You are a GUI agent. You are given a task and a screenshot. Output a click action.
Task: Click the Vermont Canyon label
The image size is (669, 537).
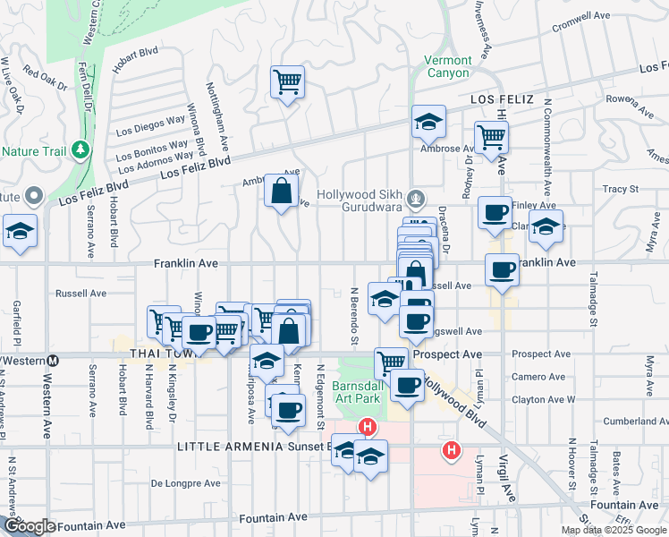point(446,66)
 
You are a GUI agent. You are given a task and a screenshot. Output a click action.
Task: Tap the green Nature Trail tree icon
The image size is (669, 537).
point(81,149)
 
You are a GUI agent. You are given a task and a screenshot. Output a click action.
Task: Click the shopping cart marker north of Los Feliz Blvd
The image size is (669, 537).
point(287,83)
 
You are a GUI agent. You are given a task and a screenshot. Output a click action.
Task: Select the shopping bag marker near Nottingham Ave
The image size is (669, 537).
point(281,191)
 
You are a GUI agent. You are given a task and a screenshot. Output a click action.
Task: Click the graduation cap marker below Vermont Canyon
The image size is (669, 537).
point(428,122)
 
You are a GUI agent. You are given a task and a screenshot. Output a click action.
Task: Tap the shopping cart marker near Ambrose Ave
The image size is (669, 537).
point(491,137)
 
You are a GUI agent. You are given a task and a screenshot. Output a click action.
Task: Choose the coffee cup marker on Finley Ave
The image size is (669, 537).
point(495,213)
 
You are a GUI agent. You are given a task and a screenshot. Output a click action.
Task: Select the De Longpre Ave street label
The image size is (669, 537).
point(185,483)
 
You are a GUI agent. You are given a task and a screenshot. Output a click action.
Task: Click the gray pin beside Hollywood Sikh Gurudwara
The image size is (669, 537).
point(414,198)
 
